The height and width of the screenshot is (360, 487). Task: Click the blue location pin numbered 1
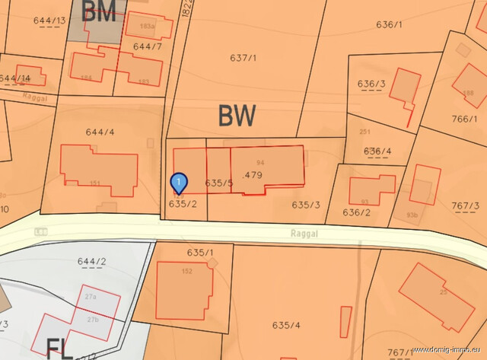coord(178,183)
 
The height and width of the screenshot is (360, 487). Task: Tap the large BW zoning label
coord(237,116)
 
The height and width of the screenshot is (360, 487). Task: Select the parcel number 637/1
coord(243,58)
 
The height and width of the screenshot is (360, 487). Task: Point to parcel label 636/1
coord(388,24)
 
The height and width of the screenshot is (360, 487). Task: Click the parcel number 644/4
coord(100,132)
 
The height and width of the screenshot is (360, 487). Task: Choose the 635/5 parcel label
coord(218,183)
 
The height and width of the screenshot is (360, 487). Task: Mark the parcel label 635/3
coord(306,205)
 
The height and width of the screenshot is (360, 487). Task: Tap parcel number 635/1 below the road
coord(200,252)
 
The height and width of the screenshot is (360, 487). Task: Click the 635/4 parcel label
coord(286,325)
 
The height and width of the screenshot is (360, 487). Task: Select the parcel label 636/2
coord(356,212)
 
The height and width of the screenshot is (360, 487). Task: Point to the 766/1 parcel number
coord(464,119)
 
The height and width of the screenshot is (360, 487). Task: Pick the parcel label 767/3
coord(465,206)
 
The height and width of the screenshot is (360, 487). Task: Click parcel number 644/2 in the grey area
coord(91,263)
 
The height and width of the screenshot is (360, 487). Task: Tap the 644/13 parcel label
coord(49,20)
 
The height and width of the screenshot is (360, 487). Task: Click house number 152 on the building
coord(187,271)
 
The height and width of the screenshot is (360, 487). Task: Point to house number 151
coord(95,183)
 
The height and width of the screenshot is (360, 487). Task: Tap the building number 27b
coord(92,319)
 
